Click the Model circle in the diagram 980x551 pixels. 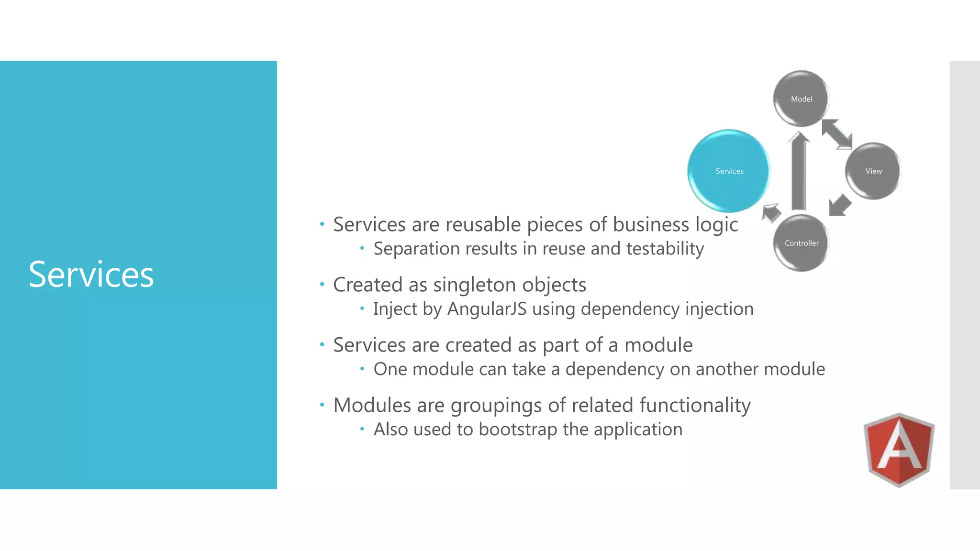(x=801, y=99)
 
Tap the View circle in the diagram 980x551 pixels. (x=873, y=171)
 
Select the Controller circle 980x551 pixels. (x=801, y=243)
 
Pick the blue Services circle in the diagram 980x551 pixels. (x=729, y=171)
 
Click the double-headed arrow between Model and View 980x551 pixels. (x=837, y=134)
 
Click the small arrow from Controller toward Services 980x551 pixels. (x=771, y=212)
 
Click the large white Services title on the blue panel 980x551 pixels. (x=91, y=275)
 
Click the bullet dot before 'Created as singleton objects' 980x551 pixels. (x=322, y=285)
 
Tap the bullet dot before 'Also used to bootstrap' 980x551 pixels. (x=362, y=429)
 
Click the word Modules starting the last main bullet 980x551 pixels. (x=372, y=406)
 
